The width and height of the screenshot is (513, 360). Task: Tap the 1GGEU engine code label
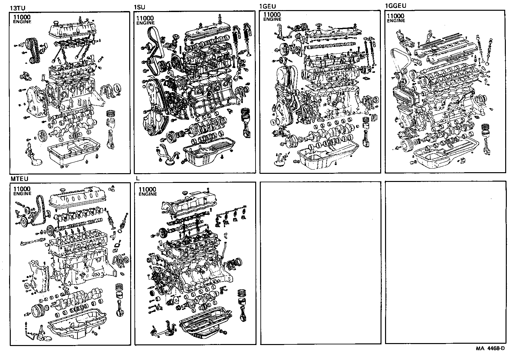[x=395, y=6]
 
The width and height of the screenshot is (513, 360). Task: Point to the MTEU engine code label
[x=19, y=179]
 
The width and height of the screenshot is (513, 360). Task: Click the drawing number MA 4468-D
[x=490, y=349]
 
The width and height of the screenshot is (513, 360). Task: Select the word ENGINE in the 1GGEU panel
[x=396, y=21]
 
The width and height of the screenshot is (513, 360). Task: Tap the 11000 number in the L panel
[x=147, y=189]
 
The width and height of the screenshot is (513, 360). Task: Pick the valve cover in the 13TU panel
[x=73, y=29]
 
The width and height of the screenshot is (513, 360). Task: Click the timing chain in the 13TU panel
[x=33, y=50]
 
